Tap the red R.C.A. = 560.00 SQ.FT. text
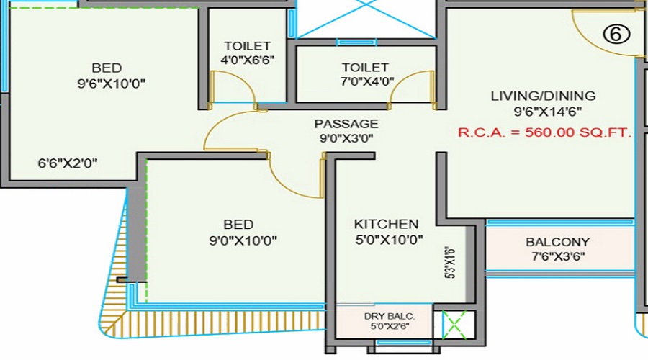[545, 132]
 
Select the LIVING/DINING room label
[543, 96]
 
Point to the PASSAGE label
[346, 124]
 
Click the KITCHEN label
[387, 224]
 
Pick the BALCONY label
[558, 242]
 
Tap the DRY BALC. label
[390, 316]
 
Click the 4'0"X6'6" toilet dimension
[248, 60]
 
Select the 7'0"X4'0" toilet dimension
[367, 81]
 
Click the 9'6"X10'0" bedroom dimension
[112, 84]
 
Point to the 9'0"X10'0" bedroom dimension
[243, 240]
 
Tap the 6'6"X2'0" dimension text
[68, 163]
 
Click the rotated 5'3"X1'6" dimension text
[451, 263]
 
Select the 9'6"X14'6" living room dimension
[548, 112]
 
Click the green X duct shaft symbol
[454, 325]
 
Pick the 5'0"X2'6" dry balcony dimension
[390, 326]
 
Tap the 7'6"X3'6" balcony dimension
[558, 256]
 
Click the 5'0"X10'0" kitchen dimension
[389, 240]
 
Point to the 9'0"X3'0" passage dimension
[346, 138]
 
